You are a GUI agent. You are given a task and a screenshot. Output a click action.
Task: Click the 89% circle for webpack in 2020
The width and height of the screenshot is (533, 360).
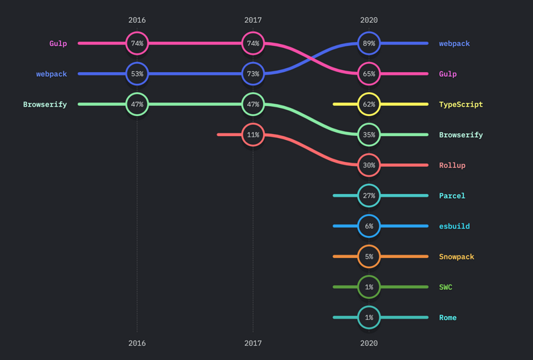click(x=369, y=43)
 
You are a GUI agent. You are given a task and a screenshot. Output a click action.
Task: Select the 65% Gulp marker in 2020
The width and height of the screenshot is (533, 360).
click(x=369, y=74)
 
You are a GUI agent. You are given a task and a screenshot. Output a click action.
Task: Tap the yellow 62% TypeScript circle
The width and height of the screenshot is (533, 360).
click(x=369, y=105)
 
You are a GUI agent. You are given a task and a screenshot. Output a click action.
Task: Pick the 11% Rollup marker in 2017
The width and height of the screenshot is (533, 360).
click(x=253, y=135)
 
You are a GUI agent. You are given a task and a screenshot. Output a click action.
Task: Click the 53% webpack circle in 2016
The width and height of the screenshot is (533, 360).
click(x=137, y=74)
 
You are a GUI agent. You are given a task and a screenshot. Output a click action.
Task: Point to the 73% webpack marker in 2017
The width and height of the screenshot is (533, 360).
click(x=253, y=74)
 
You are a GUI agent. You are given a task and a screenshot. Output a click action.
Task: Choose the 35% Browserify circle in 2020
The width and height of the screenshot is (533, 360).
click(x=369, y=135)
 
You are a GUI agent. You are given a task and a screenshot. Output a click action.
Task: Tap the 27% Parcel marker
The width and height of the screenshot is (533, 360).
click(x=369, y=196)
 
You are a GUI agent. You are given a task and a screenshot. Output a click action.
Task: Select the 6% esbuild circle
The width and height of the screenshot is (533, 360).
click(x=369, y=226)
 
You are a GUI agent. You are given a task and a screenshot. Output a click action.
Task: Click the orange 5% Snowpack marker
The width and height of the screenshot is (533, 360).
click(x=369, y=257)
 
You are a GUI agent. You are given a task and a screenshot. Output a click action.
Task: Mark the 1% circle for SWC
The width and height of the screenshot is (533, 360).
click(x=369, y=287)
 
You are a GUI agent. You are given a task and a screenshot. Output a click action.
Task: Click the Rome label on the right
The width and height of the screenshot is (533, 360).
click(x=448, y=318)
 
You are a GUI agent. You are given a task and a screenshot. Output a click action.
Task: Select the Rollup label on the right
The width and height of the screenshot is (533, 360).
click(x=452, y=165)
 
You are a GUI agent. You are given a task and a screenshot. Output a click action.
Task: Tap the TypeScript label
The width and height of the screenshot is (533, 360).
click(x=461, y=105)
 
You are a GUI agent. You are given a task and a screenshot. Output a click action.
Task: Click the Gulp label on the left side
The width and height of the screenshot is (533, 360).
click(x=58, y=44)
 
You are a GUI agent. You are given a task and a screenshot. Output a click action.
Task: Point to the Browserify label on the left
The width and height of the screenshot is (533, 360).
click(x=45, y=105)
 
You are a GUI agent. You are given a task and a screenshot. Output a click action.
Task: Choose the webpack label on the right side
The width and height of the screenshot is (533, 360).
click(x=454, y=44)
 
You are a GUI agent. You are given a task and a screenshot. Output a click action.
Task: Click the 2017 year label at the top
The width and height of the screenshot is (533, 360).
click(x=253, y=21)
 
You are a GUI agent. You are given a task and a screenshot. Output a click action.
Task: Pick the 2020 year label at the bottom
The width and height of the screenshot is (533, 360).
click(x=369, y=343)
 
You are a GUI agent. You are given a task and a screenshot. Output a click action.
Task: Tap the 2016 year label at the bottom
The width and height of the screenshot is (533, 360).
click(x=137, y=343)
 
